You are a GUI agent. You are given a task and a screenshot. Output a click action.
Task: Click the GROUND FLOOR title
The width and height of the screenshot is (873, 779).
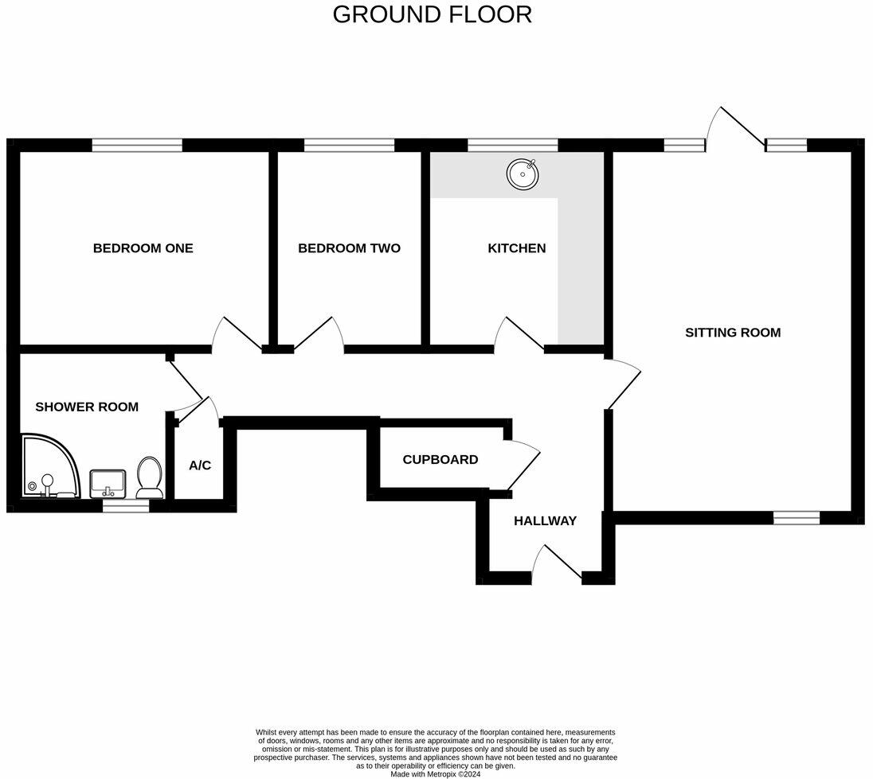(x=432, y=14)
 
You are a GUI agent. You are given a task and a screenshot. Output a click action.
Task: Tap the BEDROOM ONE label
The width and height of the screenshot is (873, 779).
(x=143, y=248)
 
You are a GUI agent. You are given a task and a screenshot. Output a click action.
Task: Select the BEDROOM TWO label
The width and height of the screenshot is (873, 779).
(x=349, y=248)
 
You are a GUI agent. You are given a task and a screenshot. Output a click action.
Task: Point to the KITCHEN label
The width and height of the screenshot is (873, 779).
(x=517, y=248)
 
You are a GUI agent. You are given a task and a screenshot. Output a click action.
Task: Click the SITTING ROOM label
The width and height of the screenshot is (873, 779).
(x=733, y=333)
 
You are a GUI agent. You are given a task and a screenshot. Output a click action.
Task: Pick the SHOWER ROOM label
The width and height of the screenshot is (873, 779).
(x=87, y=407)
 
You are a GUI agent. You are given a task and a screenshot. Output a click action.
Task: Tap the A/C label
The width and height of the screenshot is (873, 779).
(x=200, y=465)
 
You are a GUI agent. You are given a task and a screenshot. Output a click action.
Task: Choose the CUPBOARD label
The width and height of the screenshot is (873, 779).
(x=440, y=460)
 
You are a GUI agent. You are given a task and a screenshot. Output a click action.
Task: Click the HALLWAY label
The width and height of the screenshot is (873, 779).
(x=545, y=521)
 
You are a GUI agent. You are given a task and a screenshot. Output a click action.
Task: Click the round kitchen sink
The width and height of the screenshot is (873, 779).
(x=523, y=172)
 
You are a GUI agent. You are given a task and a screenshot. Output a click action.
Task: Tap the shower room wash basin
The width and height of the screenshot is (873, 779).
(x=108, y=482)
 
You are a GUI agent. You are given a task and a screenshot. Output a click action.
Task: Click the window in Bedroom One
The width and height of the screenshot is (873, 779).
(x=137, y=145)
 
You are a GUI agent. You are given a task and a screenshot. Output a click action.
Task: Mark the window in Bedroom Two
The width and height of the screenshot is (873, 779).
(x=349, y=145)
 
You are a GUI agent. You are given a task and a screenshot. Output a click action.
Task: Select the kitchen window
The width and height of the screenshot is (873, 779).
(x=512, y=145)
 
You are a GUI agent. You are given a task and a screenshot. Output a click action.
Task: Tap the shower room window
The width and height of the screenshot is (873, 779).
(x=126, y=505)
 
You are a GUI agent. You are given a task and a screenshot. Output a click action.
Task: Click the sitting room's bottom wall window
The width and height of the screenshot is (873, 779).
(x=797, y=518)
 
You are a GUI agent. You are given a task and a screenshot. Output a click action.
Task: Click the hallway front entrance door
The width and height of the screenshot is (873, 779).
(x=558, y=563)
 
